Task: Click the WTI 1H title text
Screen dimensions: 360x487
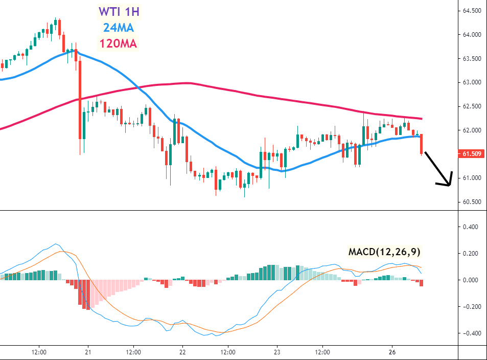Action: [118, 11]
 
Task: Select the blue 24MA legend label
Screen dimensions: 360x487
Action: [118, 27]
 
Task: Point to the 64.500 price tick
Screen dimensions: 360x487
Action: [472, 11]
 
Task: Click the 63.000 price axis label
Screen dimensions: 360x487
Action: [472, 82]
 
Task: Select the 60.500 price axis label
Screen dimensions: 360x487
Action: [472, 201]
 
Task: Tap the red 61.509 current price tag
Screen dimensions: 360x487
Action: [472, 153]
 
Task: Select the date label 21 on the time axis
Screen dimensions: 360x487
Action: [88, 352]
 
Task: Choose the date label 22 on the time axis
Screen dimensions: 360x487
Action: [182, 352]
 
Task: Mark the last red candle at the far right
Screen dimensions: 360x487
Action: [422, 144]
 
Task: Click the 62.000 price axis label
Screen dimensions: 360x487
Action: [472, 130]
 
